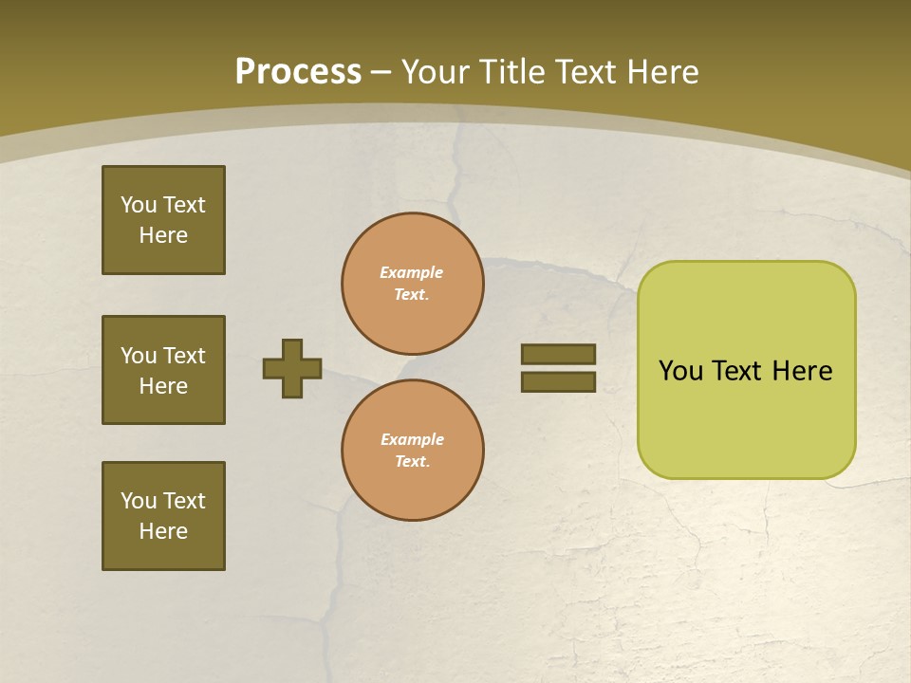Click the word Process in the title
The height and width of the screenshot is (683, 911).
click(x=298, y=72)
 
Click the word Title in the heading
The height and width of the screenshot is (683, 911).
click(x=513, y=72)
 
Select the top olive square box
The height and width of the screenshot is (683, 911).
click(x=163, y=220)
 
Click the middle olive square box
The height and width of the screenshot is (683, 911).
click(x=163, y=370)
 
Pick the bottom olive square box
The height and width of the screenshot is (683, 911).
click(x=163, y=516)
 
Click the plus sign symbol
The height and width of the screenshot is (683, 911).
click(x=292, y=368)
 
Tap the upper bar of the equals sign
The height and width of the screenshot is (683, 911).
click(x=558, y=354)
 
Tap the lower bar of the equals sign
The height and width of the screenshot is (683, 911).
click(x=558, y=381)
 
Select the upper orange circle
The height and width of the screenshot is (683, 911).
click(x=413, y=284)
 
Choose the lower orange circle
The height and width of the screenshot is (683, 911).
click(x=413, y=451)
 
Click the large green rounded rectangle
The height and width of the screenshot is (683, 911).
click(x=746, y=417)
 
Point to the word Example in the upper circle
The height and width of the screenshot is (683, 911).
click(x=412, y=272)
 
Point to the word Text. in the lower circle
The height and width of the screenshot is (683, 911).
click(x=412, y=462)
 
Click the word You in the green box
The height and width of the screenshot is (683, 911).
click(x=680, y=371)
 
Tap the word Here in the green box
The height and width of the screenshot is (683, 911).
click(x=802, y=371)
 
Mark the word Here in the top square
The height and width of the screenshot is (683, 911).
click(x=163, y=235)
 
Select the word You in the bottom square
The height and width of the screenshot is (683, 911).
click(x=139, y=501)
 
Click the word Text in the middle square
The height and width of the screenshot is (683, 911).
click(x=184, y=356)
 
